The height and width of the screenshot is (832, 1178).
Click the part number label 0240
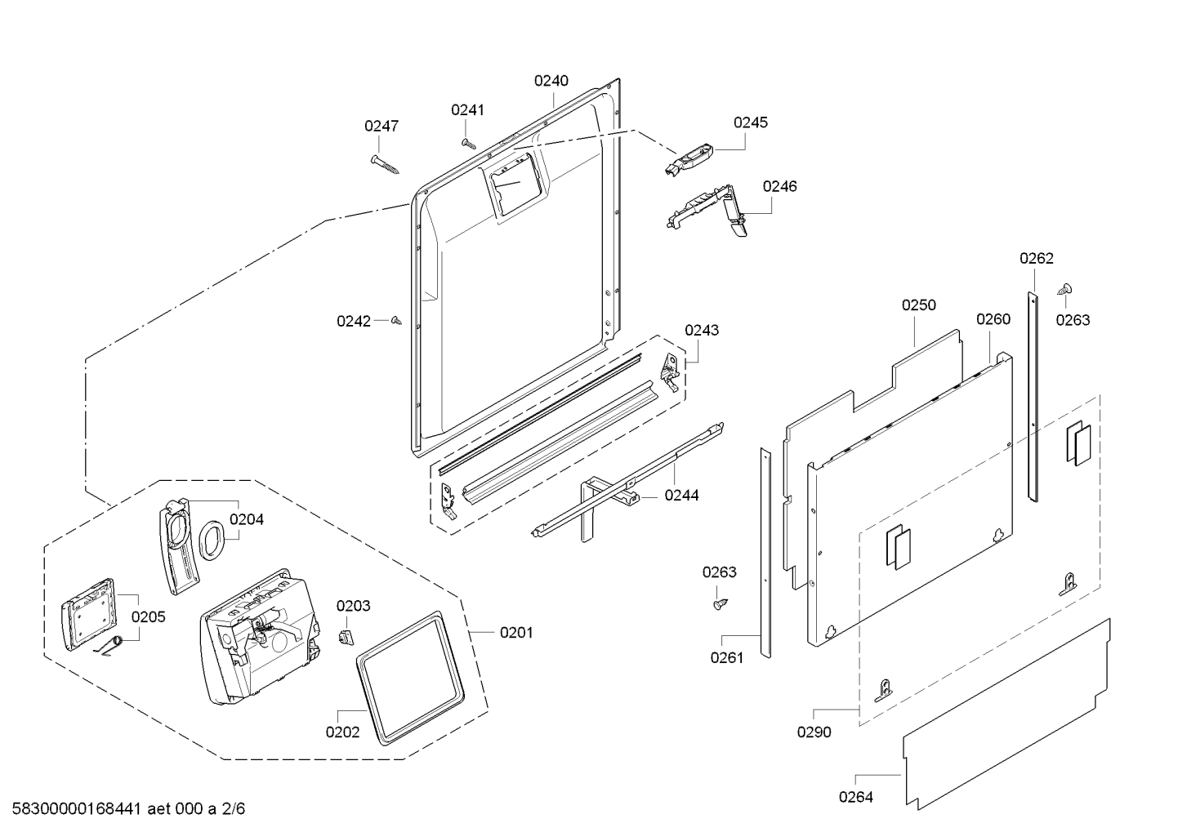tap(551, 81)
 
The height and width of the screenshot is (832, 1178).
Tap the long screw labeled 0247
tap(385, 164)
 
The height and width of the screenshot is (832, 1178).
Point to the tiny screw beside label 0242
tap(396, 320)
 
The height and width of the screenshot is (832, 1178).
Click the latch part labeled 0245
tap(689, 160)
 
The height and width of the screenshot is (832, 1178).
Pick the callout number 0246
tap(780, 187)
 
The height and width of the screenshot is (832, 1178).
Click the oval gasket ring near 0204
tap(212, 540)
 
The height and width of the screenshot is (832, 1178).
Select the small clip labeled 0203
tap(345, 637)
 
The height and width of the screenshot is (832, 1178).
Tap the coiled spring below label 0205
tap(109, 646)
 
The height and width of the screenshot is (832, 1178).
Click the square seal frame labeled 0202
tap(410, 678)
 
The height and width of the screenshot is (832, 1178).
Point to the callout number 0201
tap(516, 633)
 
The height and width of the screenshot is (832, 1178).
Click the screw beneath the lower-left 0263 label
tap(721, 604)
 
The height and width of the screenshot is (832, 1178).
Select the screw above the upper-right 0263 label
tap(1064, 289)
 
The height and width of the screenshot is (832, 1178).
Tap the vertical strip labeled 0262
tap(1033, 397)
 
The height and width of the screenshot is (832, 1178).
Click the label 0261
tap(727, 658)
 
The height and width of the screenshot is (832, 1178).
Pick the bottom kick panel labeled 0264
tap(1006, 714)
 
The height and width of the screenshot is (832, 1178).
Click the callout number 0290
tap(814, 732)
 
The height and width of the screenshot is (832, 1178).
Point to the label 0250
tap(919, 305)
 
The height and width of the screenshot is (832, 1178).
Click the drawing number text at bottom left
tap(128, 809)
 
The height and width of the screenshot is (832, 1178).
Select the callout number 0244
tap(681, 495)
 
